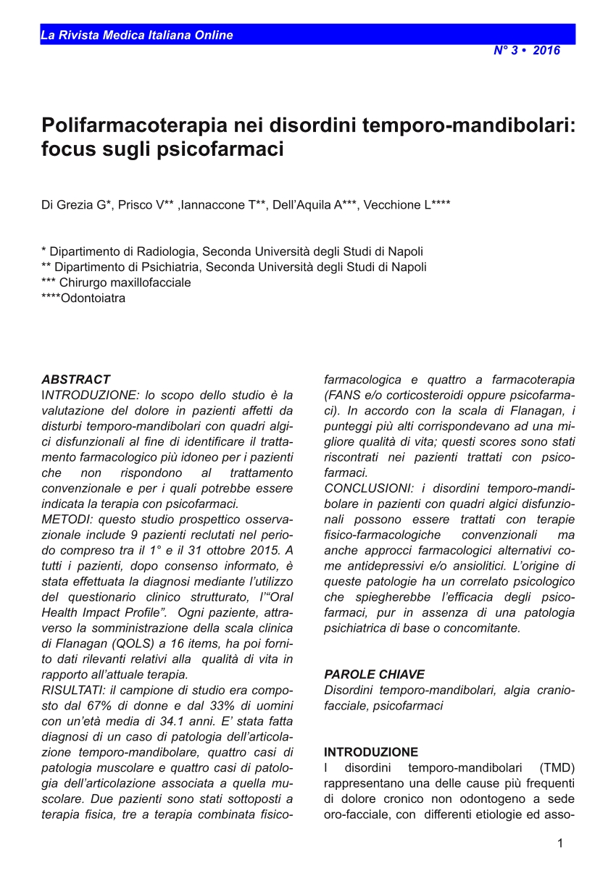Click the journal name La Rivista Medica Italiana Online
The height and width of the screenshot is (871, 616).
pyautogui.click(x=137, y=35)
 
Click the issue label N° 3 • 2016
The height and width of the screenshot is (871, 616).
pyautogui.click(x=527, y=51)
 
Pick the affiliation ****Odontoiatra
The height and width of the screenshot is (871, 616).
pyautogui.click(x=83, y=298)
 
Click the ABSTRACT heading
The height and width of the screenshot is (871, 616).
pyautogui.click(x=75, y=379)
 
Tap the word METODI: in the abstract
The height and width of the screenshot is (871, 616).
pyautogui.click(x=67, y=520)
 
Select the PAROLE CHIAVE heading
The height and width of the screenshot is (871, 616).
pyautogui.click(x=374, y=674)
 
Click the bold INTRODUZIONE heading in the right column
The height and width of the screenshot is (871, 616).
pyautogui.click(x=370, y=752)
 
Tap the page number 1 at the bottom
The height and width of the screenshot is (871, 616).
pyautogui.click(x=559, y=843)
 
